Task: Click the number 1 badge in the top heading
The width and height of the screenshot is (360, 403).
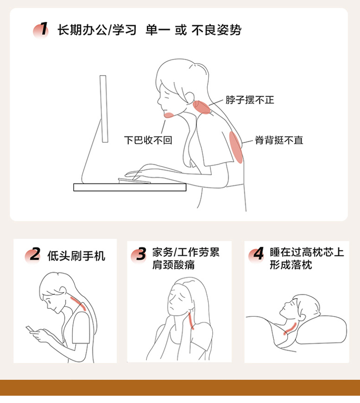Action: (x=41, y=30)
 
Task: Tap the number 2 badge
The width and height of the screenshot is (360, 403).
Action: (x=33, y=255)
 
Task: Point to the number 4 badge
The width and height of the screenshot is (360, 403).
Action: (x=256, y=255)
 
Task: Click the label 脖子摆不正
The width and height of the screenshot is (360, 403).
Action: (x=250, y=100)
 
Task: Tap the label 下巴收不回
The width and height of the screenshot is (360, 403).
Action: (x=148, y=140)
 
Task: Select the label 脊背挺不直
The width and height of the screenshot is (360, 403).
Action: (x=279, y=140)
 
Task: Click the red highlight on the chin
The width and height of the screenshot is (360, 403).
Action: (x=169, y=115)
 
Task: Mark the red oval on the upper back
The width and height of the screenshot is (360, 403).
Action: (x=236, y=147)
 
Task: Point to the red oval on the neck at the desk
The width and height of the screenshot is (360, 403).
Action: (x=202, y=107)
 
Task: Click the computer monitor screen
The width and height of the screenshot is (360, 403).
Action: (x=104, y=109)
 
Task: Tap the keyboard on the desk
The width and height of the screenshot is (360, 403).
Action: (x=134, y=181)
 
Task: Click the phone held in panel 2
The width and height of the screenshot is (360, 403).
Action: (x=30, y=329)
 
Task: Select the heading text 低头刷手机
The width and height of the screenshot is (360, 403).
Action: (x=77, y=256)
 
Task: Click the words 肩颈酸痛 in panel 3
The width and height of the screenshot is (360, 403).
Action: (x=173, y=265)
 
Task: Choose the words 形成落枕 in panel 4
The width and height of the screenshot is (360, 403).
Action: (x=291, y=265)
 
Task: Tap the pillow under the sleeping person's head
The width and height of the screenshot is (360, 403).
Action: (x=321, y=330)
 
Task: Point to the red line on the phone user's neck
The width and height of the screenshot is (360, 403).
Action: (x=78, y=303)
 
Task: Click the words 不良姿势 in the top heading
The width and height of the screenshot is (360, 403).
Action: (x=216, y=30)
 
